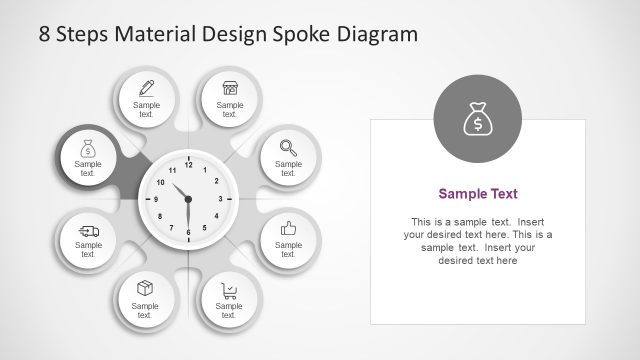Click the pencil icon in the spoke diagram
click(x=146, y=87)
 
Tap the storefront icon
click(x=230, y=87)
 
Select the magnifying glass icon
click(x=288, y=144)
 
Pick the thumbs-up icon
click(x=288, y=227)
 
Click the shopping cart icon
click(x=230, y=291)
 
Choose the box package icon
click(x=146, y=288)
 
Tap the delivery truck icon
click(x=88, y=232)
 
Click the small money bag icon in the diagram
click(x=88, y=149)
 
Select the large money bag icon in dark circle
click(x=478, y=120)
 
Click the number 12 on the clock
click(x=188, y=167)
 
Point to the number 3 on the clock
click(x=220, y=199)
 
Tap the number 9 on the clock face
click(x=156, y=199)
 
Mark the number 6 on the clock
click(x=188, y=231)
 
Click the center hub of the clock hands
click(x=188, y=199)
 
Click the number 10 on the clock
click(x=161, y=183)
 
